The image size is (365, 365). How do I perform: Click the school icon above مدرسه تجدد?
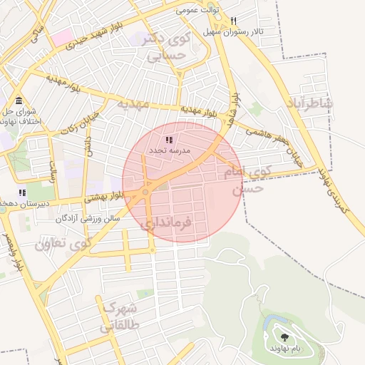point(169,140)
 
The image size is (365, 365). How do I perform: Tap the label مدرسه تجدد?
point(169,151)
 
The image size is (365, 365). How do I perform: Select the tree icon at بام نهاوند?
point(285,336)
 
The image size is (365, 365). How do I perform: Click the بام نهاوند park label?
point(285,347)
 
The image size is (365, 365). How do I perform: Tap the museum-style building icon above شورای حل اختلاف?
point(19,101)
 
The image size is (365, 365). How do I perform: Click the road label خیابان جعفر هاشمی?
point(274,146)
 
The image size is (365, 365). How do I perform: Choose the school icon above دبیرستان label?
point(23,192)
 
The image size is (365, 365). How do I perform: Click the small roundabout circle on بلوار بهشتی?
point(145,191)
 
